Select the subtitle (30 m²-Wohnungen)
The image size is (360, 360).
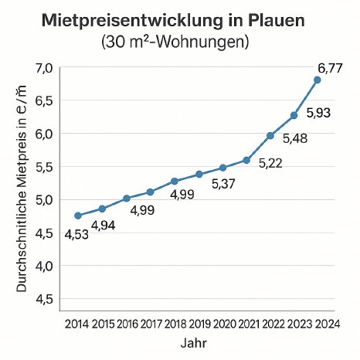click(179, 42)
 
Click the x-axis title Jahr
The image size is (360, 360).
click(192, 341)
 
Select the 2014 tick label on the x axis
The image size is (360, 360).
click(76, 322)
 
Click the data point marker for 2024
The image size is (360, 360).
click(318, 80)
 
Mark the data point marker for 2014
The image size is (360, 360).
click(77, 216)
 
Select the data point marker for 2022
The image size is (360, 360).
click(270, 136)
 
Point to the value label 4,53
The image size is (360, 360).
click(76, 236)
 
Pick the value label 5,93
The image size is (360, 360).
click(320, 114)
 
